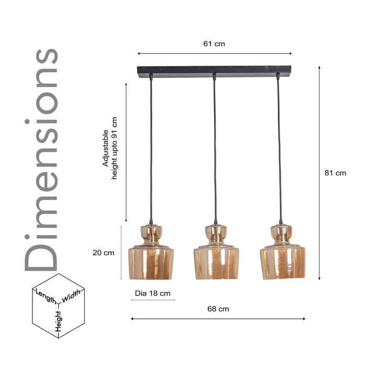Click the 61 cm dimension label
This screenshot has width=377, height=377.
tap(214, 44)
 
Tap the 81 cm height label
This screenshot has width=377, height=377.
tap(335, 173)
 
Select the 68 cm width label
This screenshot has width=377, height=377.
tap(218, 309)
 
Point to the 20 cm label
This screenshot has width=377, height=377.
tap(103, 253)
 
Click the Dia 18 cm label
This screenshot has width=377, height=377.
tap(152, 293)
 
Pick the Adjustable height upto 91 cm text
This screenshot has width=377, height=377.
tap(110, 155)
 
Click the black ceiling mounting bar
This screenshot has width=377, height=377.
tap(214, 70)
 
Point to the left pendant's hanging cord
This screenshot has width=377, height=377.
tap(151, 152)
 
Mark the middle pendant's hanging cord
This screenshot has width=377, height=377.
tap(214, 152)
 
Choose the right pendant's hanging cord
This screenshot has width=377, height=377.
tap(279, 152)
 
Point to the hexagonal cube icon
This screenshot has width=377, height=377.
tap(58, 306)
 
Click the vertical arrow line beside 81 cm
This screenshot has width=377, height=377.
tap(319, 173)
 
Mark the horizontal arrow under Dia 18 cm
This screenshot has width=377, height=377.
tap(152, 301)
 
